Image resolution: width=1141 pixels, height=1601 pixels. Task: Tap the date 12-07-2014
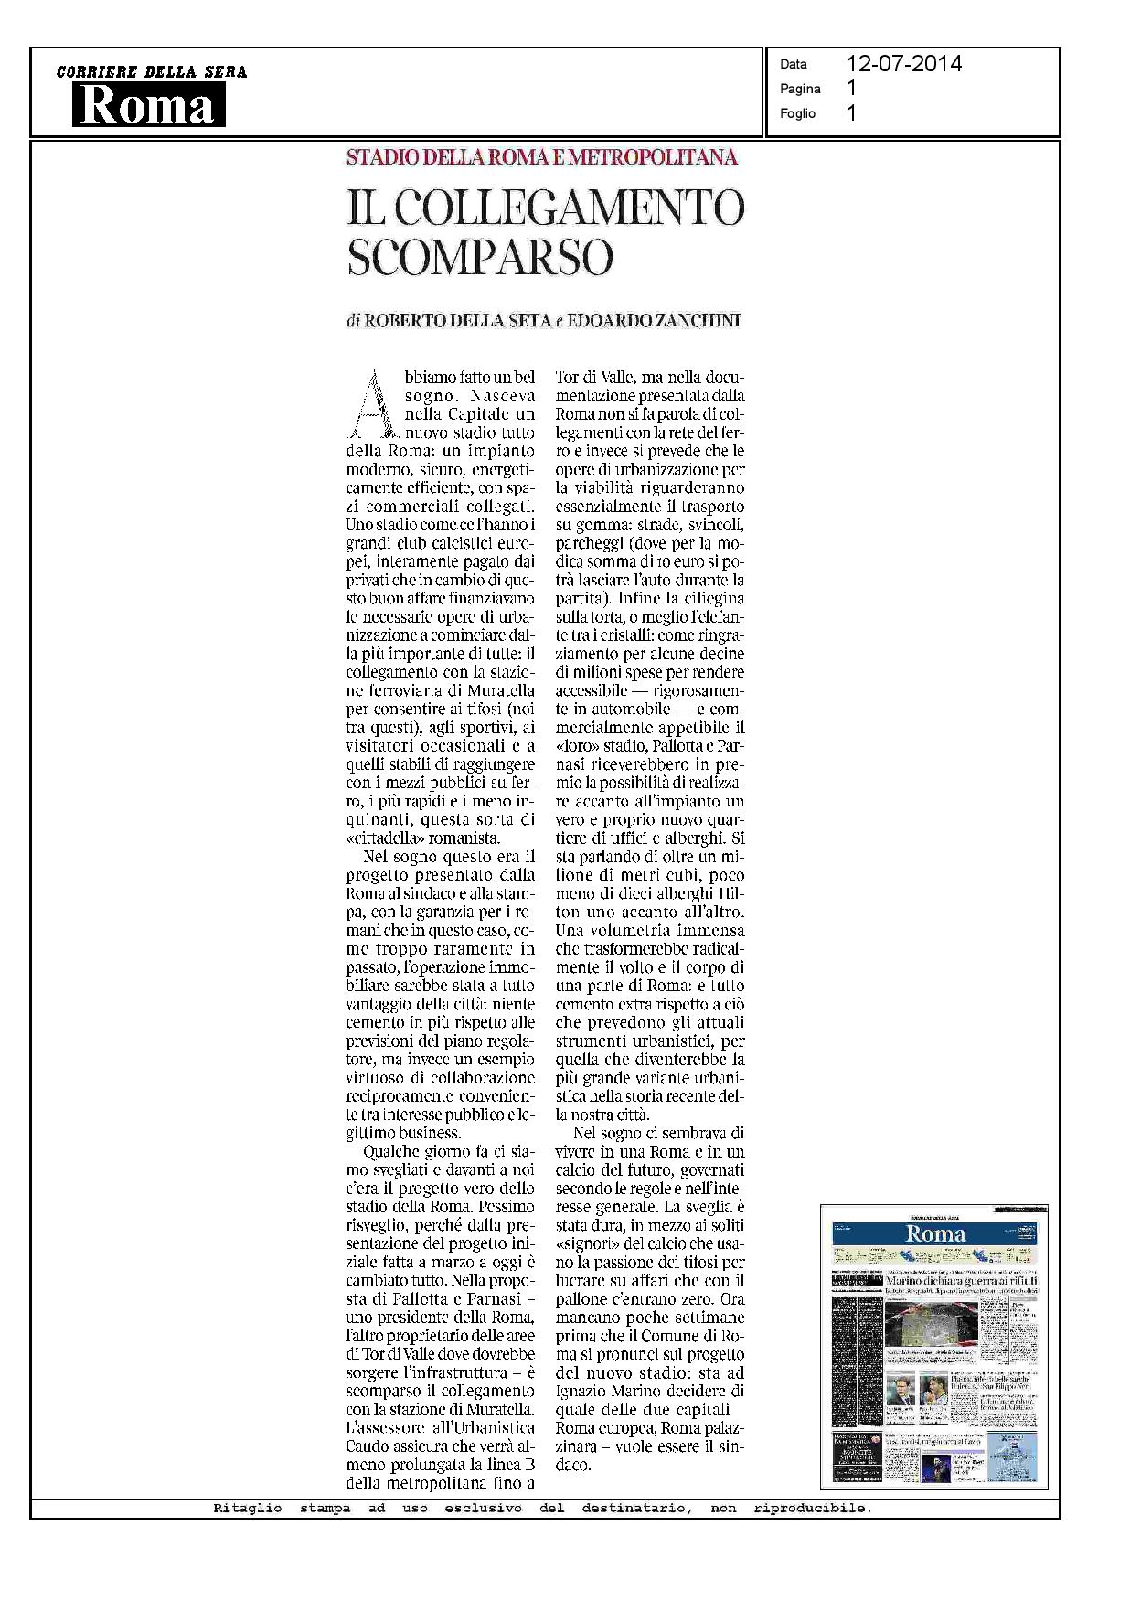(903, 63)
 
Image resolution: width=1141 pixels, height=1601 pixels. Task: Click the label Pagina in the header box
(800, 89)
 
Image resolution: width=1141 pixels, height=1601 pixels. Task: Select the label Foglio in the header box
(797, 113)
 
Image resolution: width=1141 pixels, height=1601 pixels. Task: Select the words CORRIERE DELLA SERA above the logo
(152, 72)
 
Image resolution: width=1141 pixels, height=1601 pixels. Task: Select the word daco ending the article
(573, 1465)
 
